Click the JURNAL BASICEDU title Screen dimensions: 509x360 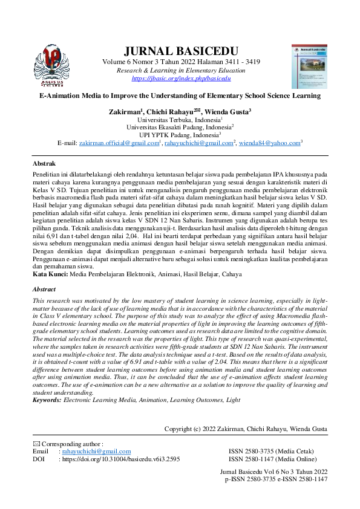pyautogui.click(x=181, y=51)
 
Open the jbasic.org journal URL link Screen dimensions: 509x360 pyautogui.click(x=181, y=79)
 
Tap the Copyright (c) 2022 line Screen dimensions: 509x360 pyautogui.click(x=246, y=429)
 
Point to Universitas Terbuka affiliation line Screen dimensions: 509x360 pyautogui.click(x=180, y=120)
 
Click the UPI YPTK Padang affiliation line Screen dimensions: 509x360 pyautogui.click(x=180, y=135)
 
